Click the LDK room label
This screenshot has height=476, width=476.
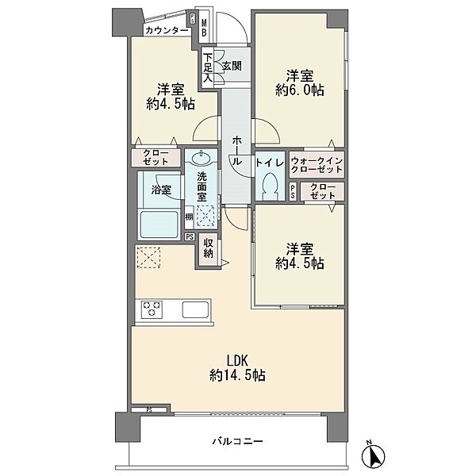[237, 368]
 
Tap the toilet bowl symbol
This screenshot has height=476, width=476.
[270, 186]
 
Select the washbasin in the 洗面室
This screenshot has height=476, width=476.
[201, 158]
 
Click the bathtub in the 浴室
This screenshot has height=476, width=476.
[159, 225]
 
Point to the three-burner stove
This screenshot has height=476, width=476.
[152, 309]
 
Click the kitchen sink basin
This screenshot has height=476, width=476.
[195, 309]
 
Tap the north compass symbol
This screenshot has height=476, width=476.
[373, 455]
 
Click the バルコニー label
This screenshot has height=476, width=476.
[237, 441]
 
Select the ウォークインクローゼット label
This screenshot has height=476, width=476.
[317, 165]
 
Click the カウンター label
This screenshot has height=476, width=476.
[167, 30]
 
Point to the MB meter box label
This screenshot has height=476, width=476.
[205, 28]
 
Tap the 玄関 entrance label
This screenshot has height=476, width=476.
[232, 66]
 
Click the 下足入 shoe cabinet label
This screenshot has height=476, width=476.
[208, 67]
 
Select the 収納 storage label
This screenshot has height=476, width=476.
[208, 248]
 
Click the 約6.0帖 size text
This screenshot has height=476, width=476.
[300, 90]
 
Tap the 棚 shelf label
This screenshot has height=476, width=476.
[189, 217]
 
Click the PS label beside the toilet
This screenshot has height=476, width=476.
[292, 191]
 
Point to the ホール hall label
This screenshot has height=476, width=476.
[236, 151]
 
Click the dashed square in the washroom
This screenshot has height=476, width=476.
[205, 216]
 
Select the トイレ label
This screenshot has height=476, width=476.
[270, 163]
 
